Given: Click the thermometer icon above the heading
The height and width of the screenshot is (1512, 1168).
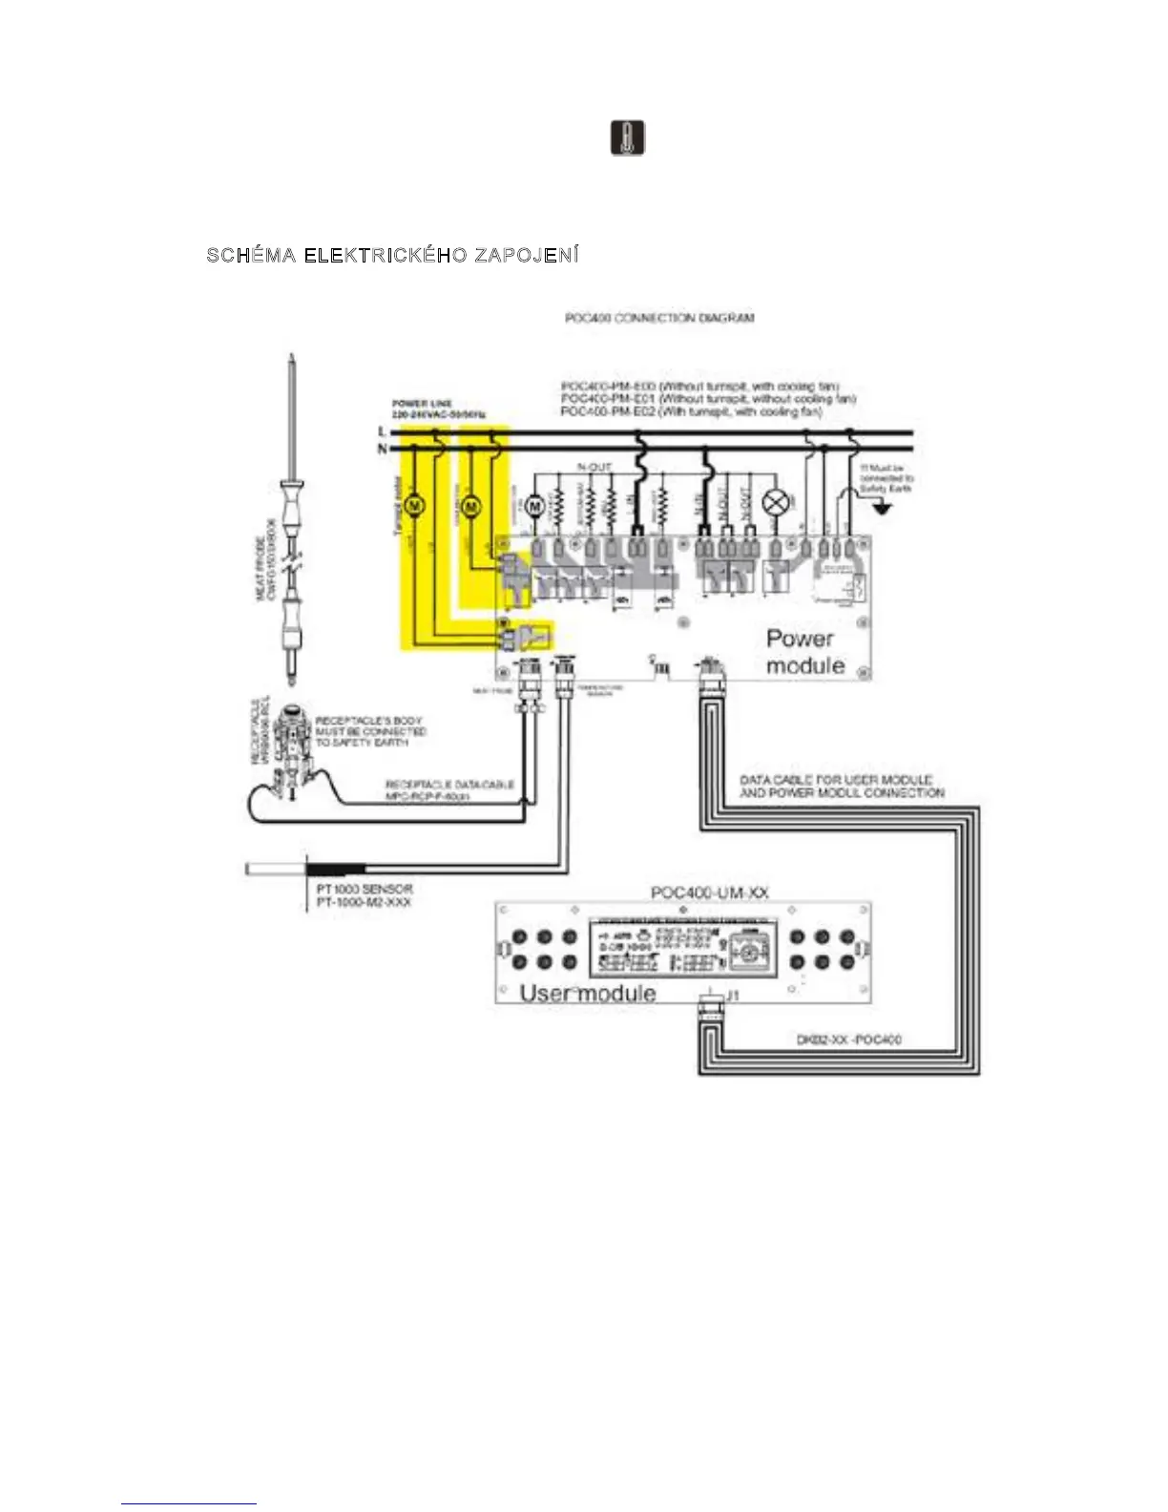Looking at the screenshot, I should coord(627,138).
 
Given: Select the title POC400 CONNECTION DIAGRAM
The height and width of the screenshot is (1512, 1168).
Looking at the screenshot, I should coord(659,318).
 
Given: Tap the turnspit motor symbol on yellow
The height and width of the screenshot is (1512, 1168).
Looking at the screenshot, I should coord(415,506).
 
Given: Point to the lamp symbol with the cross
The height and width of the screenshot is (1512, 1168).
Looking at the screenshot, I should coord(778,504).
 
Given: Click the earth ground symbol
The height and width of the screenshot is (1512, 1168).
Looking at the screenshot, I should coord(884,509).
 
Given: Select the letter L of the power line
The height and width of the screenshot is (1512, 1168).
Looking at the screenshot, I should coord(383,432).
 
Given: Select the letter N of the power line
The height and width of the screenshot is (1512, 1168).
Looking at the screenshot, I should coord(383,449).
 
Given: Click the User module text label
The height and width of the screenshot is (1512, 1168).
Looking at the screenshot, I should coord(588,993).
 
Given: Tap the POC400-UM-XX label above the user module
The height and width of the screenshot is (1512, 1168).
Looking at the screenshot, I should coord(709,892).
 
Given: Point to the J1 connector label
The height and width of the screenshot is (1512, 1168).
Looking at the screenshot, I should coord(733,996).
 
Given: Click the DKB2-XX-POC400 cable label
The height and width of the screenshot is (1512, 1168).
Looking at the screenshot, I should coord(848,1039).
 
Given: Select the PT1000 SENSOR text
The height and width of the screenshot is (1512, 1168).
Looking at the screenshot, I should coord(365,889).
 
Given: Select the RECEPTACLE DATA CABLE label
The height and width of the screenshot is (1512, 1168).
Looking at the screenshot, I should coord(449,785).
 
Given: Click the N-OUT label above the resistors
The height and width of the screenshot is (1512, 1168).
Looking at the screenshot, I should coord(594,467).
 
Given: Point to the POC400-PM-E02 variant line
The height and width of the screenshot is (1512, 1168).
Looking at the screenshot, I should coord(691,411).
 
